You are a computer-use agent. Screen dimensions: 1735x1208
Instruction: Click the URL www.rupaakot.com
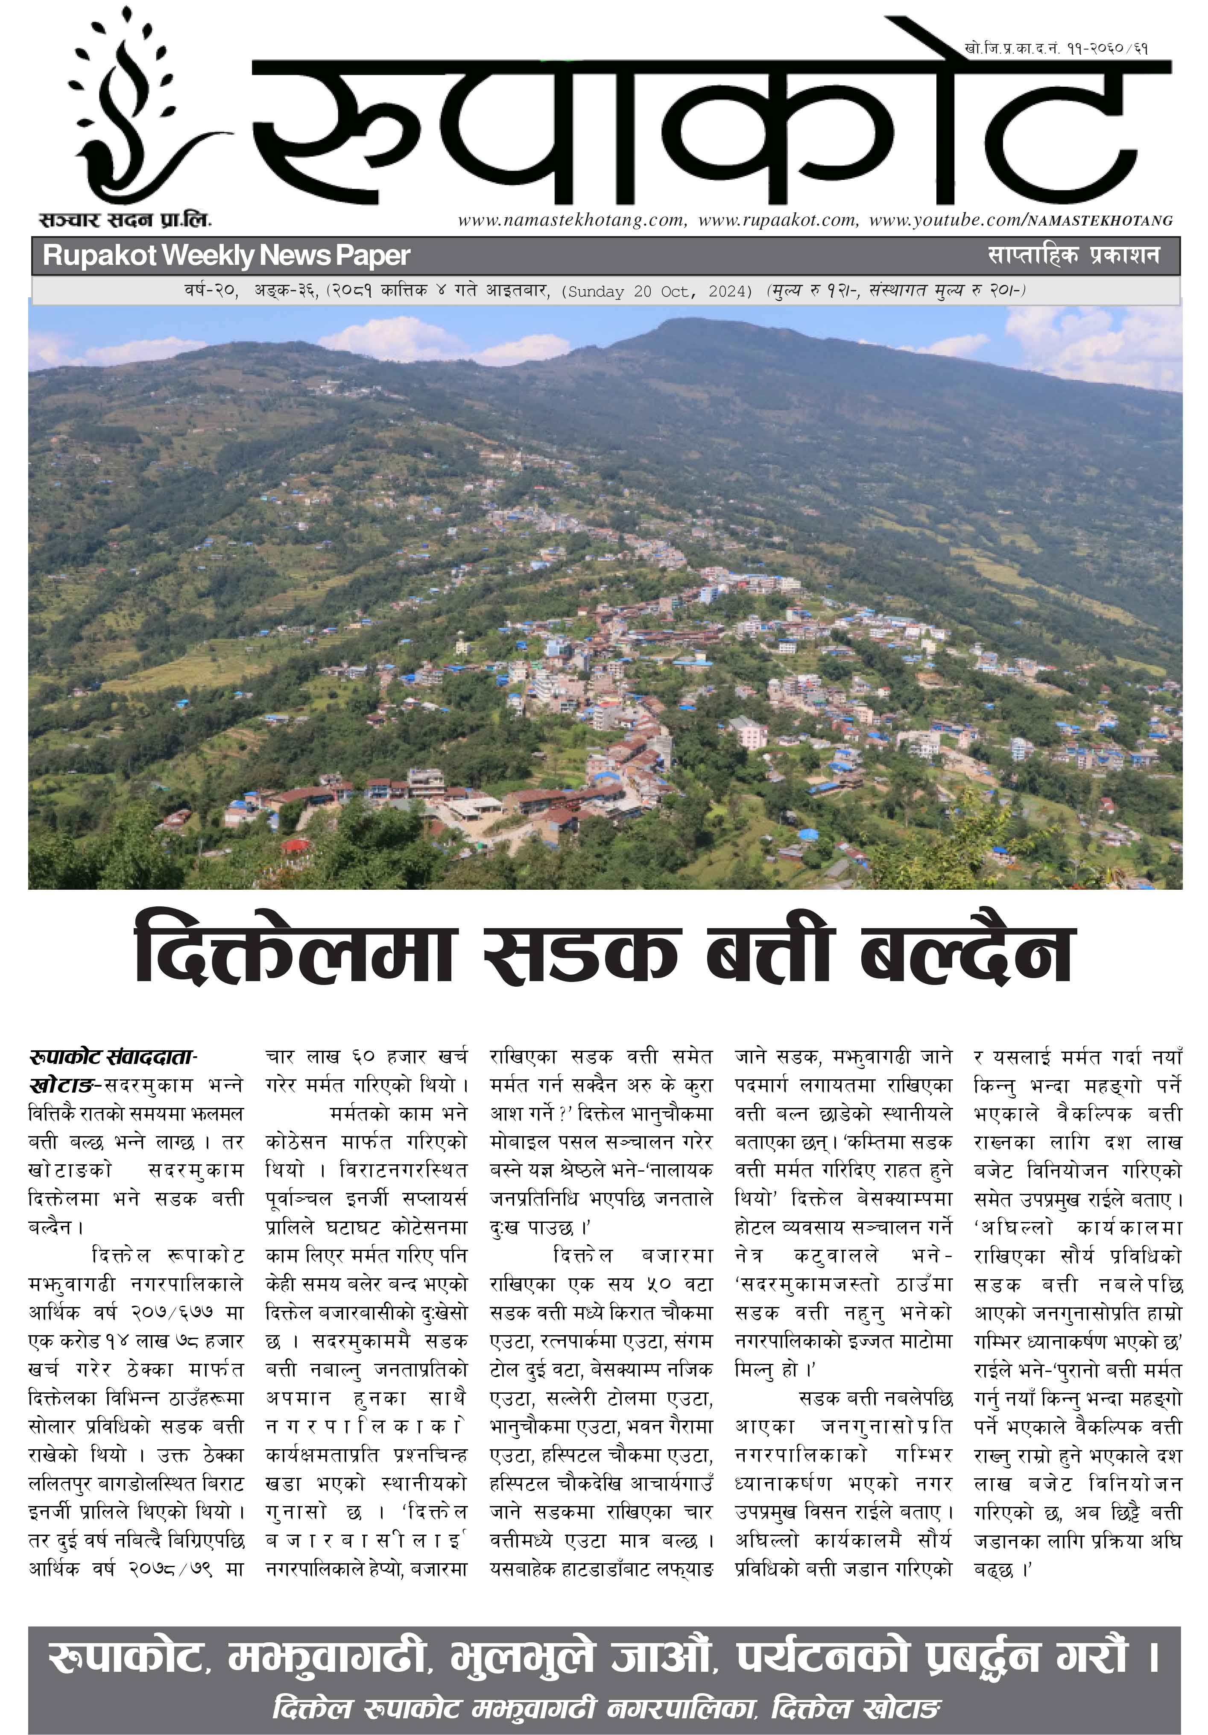tap(778, 221)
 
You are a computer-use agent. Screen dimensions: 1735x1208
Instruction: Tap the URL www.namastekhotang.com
tap(571, 221)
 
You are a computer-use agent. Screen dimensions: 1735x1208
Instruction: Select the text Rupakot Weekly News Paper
tap(226, 255)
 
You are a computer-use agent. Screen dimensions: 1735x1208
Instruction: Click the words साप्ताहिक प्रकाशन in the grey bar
tap(1073, 255)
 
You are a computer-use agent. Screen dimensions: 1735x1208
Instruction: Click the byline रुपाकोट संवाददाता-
tap(113, 1056)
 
